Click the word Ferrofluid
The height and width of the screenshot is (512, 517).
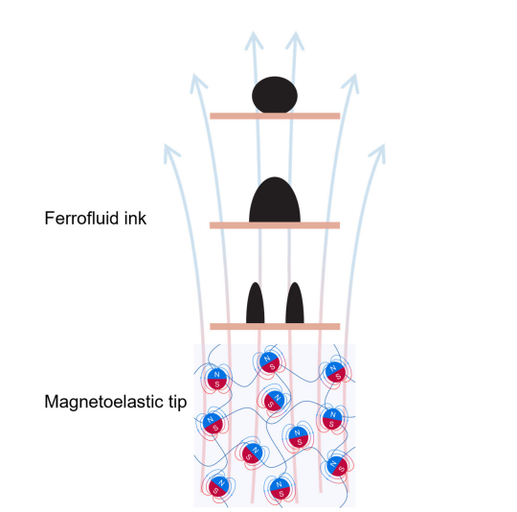pyautogui.click(x=82, y=219)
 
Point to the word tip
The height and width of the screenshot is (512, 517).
pyautogui.click(x=177, y=403)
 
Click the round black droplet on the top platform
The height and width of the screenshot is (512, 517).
pyautogui.click(x=275, y=95)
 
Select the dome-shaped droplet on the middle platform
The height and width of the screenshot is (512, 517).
pyautogui.click(x=275, y=200)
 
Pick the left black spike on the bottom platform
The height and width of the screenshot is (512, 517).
pyautogui.click(x=256, y=303)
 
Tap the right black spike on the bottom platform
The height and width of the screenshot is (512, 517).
pyautogui.click(x=295, y=303)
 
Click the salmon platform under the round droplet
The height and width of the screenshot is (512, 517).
pyautogui.click(x=275, y=116)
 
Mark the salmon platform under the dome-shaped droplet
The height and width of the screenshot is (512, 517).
pyautogui.click(x=275, y=225)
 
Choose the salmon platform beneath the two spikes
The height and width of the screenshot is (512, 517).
pyautogui.click(x=275, y=327)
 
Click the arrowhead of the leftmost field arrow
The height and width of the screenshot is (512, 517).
pyautogui.click(x=170, y=152)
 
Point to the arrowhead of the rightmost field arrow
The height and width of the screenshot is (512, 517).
pyautogui.click(x=378, y=152)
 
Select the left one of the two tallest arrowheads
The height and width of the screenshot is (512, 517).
pyautogui.click(x=254, y=40)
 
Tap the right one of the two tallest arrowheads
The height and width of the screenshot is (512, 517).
pyautogui.click(x=295, y=40)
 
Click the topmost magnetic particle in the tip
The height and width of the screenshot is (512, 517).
pyautogui.click(x=270, y=362)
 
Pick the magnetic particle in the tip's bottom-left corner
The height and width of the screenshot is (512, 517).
pyautogui.click(x=218, y=486)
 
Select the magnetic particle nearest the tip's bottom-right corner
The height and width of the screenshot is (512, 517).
pyautogui.click(x=337, y=466)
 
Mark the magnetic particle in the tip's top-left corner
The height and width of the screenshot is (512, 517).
pyautogui.click(x=216, y=379)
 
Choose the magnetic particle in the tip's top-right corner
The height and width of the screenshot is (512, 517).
pyautogui.click(x=335, y=372)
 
